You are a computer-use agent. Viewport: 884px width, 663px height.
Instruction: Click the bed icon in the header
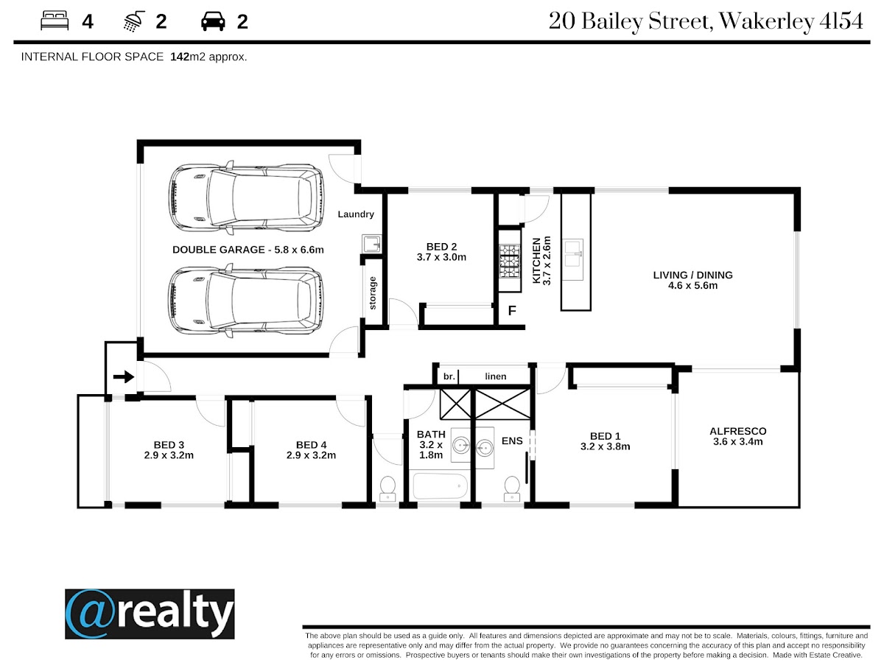55,21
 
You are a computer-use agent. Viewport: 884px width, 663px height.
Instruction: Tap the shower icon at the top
134,21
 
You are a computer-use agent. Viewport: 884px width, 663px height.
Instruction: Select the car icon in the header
213,21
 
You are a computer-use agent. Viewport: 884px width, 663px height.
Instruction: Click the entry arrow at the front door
124,376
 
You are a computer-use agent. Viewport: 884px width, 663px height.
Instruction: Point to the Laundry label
356,214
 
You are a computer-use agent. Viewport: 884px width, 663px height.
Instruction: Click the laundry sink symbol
371,244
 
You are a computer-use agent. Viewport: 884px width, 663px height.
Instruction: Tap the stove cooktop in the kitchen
510,262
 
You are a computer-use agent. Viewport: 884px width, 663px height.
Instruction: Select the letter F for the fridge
512,311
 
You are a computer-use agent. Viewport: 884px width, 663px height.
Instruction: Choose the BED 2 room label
441,252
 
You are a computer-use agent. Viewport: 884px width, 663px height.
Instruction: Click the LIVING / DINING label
692,280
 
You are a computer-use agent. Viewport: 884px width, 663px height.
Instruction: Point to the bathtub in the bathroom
440,487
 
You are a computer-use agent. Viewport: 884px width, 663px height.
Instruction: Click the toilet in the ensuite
512,488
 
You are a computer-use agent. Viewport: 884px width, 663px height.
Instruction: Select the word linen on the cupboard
495,376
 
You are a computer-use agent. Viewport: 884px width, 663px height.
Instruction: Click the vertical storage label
373,293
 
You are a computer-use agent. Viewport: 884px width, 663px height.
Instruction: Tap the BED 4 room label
311,450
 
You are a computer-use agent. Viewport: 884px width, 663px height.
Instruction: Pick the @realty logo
150,614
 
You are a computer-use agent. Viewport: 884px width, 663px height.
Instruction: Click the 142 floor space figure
180,57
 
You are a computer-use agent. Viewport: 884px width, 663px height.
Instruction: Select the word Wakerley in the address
767,21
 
